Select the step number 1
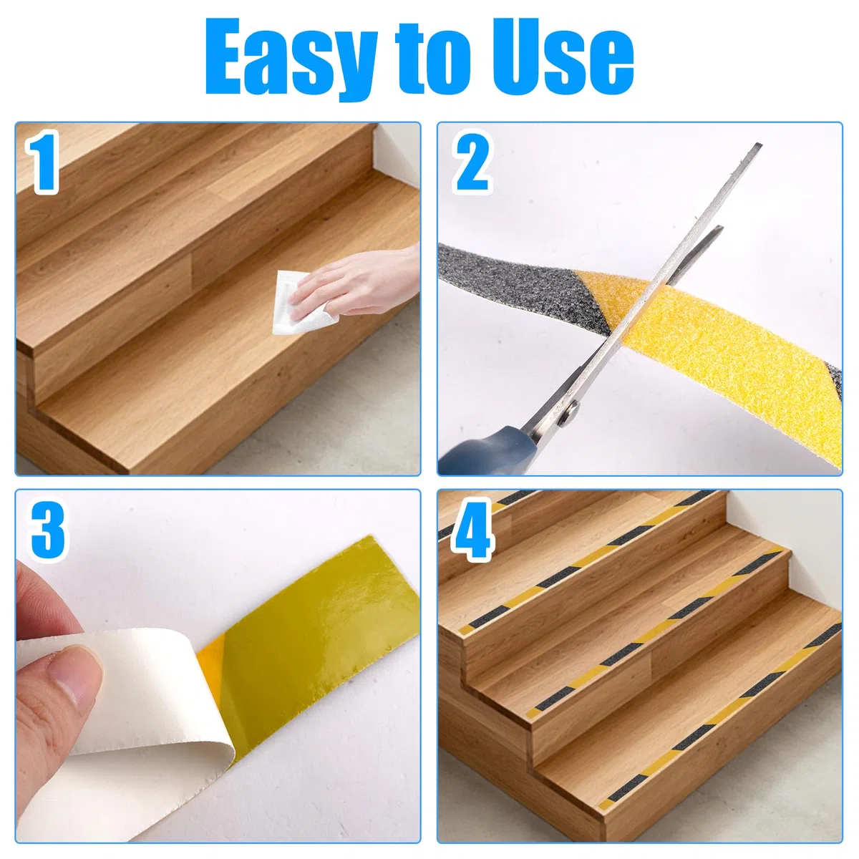[x=44, y=162]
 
